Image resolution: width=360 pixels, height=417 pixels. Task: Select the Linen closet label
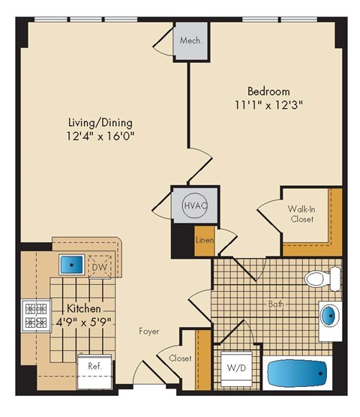click(205, 241)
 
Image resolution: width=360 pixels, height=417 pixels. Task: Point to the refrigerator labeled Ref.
click(95, 367)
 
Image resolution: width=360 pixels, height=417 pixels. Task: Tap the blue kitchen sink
click(72, 265)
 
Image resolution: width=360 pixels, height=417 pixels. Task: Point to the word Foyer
click(148, 331)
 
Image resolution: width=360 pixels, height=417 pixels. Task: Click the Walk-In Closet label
click(301, 214)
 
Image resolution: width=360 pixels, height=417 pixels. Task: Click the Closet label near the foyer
click(180, 358)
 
